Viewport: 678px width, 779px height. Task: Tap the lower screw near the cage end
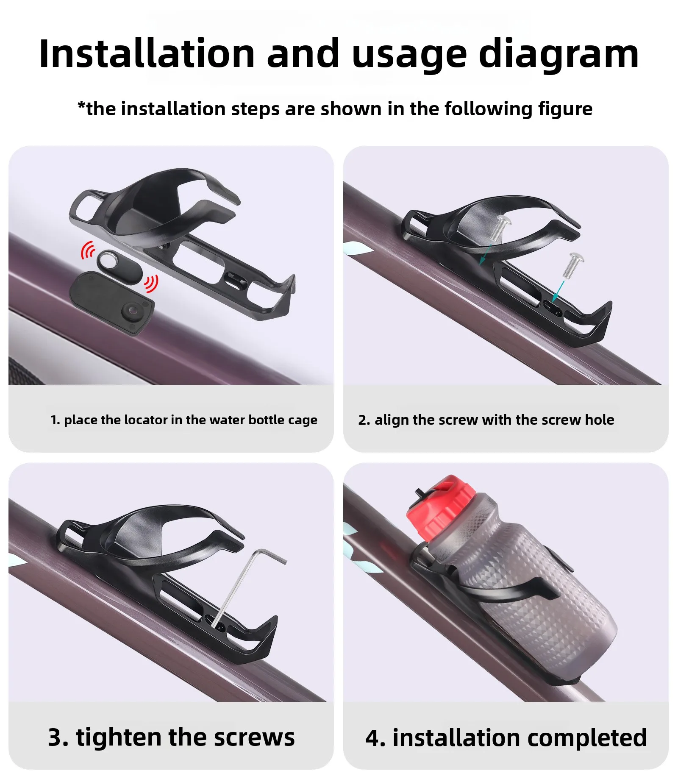(x=572, y=265)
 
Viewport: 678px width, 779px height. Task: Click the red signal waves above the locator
(x=88, y=250)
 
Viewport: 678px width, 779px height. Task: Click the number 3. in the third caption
(x=58, y=737)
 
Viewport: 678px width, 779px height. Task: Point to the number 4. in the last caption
(x=375, y=738)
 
